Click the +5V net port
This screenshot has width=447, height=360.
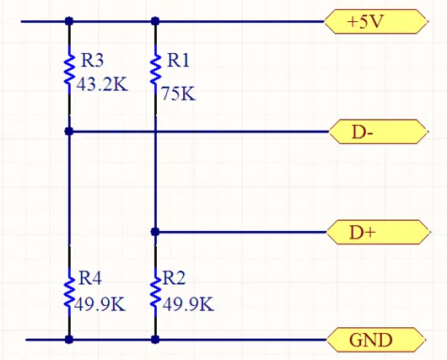point(375,21)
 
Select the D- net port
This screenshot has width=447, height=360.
point(378,132)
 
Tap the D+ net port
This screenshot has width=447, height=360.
point(378,232)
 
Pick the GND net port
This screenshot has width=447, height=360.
point(375,340)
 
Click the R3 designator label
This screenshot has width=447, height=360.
point(92,60)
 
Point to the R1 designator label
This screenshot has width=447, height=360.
point(179,60)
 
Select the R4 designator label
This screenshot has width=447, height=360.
point(89,278)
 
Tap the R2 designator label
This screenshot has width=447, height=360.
point(174,278)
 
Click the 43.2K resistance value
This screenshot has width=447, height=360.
point(102,84)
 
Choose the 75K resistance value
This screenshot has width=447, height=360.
point(179,94)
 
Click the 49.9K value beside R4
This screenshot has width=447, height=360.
point(100,304)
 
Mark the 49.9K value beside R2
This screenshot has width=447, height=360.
point(188,304)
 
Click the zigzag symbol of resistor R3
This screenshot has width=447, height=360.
point(69,69)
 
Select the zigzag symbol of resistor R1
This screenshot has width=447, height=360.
point(155,69)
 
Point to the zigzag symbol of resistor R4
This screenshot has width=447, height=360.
point(69,293)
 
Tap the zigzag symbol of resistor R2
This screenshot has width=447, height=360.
point(155,293)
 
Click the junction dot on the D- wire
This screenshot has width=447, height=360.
point(69,132)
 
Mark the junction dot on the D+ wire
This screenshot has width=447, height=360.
point(155,232)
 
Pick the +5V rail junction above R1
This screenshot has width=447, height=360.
point(155,21)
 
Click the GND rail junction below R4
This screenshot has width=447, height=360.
point(69,340)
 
